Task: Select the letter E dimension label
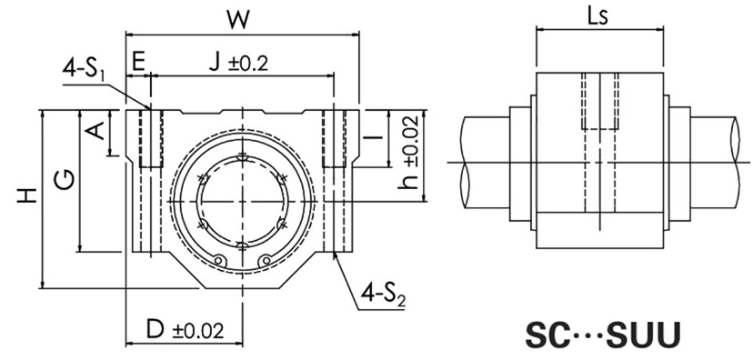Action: (138, 63)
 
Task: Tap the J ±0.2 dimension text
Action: (238, 63)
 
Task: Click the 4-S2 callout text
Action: (382, 297)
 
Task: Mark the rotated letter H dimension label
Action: (27, 195)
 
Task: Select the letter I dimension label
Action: (373, 138)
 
